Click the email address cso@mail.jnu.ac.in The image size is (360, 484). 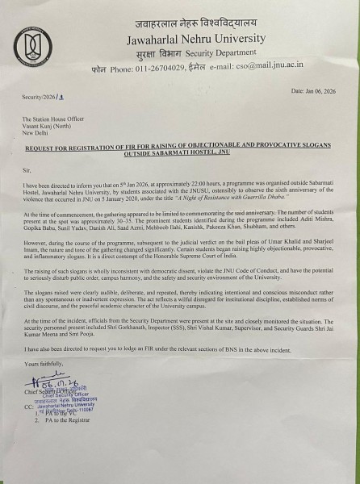(272, 69)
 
